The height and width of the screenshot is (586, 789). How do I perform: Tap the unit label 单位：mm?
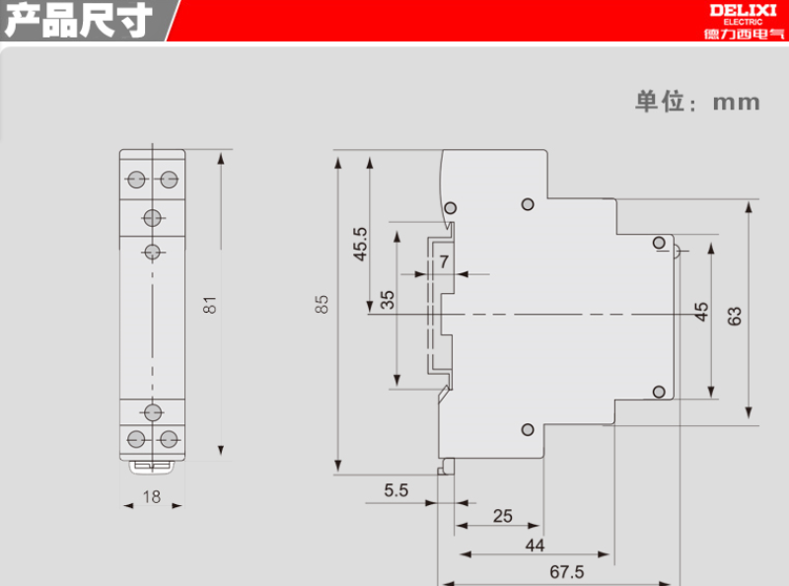coord(697,102)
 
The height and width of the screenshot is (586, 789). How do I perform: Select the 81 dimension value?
coord(209,306)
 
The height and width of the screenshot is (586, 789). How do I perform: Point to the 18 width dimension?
coord(151,497)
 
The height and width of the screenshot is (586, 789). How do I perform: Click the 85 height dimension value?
coord(322,306)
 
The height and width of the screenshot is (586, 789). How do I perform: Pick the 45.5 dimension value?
coord(360,244)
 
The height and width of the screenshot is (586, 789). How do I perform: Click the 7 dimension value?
coord(444,261)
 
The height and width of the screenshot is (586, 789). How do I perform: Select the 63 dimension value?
coord(735,316)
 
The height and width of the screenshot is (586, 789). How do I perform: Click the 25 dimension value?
coord(502,515)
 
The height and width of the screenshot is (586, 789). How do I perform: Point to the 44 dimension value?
coord(535,544)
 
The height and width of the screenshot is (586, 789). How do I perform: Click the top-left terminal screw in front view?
coord(136,179)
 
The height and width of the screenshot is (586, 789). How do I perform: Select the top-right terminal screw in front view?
coord(169,179)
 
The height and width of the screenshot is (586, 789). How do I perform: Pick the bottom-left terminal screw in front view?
coord(136,437)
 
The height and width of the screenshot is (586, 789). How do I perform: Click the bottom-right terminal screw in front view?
coord(169,437)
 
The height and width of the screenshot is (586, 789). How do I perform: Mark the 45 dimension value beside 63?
coord(701,312)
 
